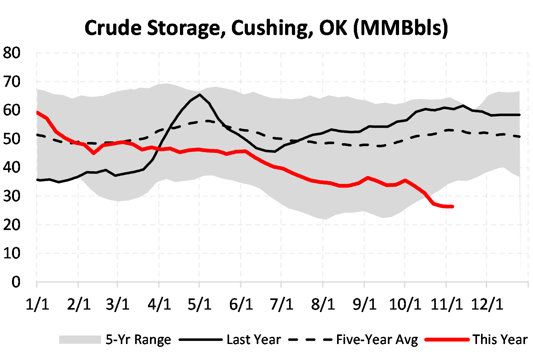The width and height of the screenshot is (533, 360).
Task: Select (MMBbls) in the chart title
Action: point(401,28)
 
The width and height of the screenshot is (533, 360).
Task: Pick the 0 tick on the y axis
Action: point(16,282)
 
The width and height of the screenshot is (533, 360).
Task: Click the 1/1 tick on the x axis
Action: point(37,304)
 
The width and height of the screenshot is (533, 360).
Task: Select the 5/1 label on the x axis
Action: point(200,304)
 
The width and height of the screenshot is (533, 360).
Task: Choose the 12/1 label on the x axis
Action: point(487,304)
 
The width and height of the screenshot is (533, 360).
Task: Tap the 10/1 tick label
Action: point(405,304)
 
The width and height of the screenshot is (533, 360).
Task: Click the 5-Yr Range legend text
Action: point(138,340)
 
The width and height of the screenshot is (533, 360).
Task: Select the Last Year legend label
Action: point(254,340)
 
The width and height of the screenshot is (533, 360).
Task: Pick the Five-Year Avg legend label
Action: point(377,340)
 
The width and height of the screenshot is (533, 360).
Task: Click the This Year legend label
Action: point(500,340)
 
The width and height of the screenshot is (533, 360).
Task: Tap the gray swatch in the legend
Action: point(80,340)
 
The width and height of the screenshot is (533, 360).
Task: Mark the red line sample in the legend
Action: point(447,340)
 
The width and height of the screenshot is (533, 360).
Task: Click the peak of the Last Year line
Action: point(200,95)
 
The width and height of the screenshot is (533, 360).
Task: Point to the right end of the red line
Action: point(452,206)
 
